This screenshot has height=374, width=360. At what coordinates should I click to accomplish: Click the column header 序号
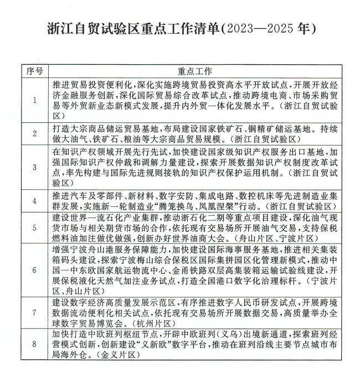34,72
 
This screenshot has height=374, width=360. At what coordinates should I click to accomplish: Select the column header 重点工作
195,72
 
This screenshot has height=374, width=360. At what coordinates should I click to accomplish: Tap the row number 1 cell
34,100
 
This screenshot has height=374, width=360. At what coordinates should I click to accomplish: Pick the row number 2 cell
34,134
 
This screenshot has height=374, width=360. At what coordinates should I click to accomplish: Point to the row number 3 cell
34,168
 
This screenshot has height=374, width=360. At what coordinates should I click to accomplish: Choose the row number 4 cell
34,200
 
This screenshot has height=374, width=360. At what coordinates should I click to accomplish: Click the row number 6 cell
34,271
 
